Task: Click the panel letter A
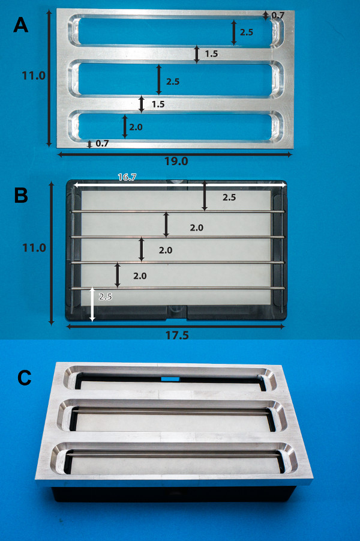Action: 20,26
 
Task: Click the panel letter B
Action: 21,195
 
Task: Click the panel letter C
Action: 24,378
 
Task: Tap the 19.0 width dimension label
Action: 176,161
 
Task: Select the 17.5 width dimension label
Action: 177,335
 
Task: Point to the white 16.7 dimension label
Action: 127,177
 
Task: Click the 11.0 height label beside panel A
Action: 34,75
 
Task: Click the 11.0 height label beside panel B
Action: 34,247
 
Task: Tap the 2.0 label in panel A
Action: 136,127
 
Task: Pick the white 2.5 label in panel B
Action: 105,297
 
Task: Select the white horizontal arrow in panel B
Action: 179,186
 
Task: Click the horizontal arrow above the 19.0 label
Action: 175,154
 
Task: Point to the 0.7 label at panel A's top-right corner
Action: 278,15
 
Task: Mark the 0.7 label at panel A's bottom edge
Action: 102,144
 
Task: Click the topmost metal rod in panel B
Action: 178,211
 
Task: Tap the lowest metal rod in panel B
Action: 178,288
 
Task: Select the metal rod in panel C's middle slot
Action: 172,411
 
